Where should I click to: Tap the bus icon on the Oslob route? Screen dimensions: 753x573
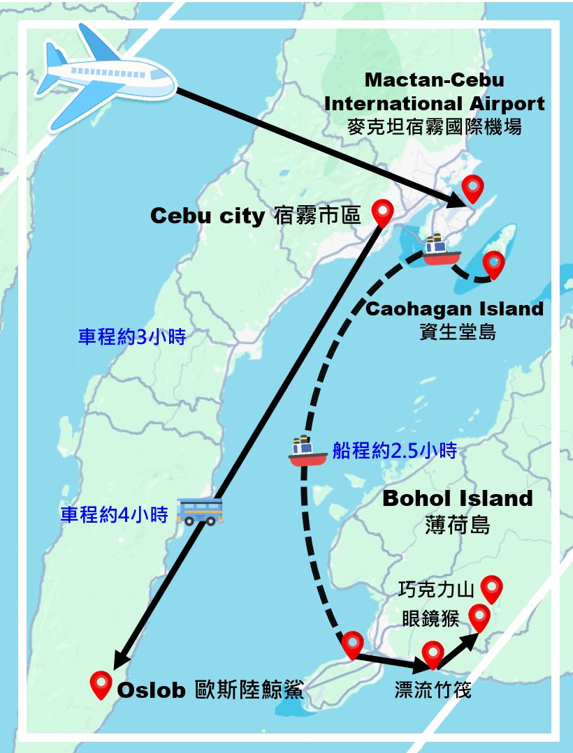tap(201, 511)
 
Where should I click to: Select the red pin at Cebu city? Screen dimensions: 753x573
tap(382, 211)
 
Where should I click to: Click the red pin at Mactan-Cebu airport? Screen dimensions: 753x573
tap(474, 187)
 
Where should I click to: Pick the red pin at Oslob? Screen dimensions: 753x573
tap(102, 684)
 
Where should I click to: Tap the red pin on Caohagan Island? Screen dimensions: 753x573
tap(494, 264)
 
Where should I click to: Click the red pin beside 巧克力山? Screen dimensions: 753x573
tap(492, 588)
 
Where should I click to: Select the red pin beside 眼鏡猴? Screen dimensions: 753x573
tap(479, 617)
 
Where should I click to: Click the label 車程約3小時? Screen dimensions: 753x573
tap(131, 338)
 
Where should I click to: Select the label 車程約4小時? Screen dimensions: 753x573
tap(115, 515)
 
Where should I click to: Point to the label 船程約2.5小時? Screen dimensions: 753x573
tap(395, 452)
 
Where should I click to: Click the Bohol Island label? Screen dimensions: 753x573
tap(458, 498)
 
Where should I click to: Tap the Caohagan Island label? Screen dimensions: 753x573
tap(454, 308)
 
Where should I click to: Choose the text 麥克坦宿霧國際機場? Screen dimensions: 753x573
tap(434, 127)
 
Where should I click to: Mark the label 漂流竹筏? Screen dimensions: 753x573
tap(433, 690)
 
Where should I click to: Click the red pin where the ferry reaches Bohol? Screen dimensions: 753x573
tap(351, 644)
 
